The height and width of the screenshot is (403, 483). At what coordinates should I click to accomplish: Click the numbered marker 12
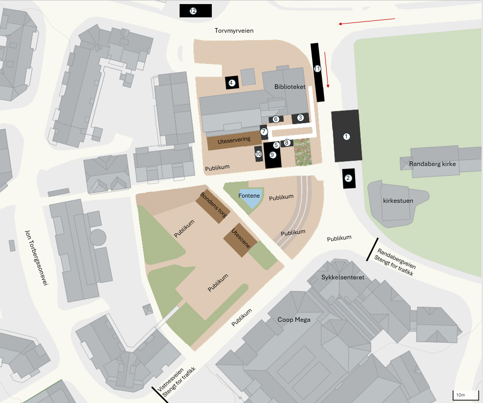pos(193,11)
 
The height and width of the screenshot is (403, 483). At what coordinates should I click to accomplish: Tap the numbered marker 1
pos(346,136)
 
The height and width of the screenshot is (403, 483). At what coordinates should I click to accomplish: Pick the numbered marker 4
pos(231,83)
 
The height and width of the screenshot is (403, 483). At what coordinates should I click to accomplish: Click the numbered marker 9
pos(273,154)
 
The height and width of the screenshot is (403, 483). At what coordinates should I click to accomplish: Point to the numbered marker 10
pos(258,154)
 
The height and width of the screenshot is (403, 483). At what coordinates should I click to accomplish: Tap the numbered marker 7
pos(264,132)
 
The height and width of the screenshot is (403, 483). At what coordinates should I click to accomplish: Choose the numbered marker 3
pos(300,117)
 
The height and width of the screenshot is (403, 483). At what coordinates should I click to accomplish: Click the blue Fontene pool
pos(250,197)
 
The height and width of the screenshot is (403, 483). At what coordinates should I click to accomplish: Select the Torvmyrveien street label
pos(234,31)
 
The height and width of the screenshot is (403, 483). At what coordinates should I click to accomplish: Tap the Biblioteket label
pos(290,87)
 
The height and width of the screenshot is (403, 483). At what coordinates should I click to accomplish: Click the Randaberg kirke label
pos(432,164)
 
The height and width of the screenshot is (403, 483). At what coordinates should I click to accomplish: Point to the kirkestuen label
pos(398,201)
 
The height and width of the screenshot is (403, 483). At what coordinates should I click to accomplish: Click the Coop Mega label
pos(294,320)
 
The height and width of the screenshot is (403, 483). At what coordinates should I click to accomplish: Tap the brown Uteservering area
pos(234,141)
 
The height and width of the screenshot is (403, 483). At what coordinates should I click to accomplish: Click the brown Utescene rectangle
pos(240,239)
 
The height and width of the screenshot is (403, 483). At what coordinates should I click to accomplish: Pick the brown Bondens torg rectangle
pos(212,205)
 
